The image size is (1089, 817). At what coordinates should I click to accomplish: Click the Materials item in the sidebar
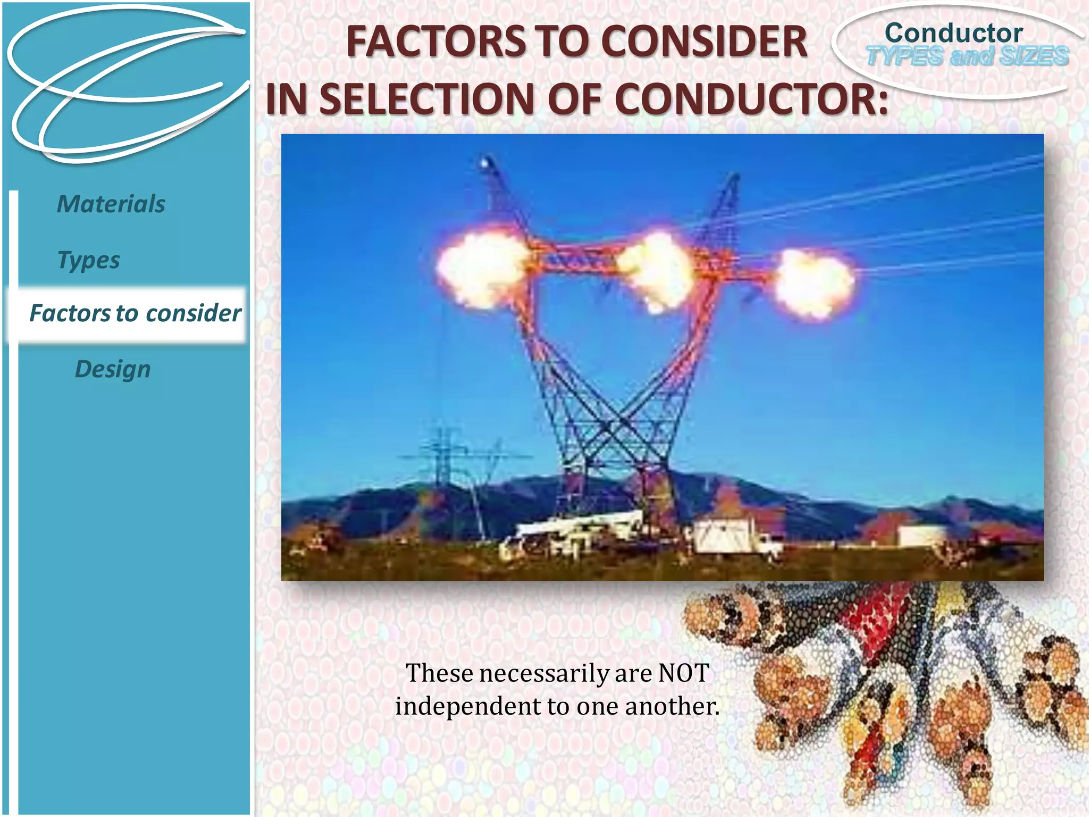(x=111, y=204)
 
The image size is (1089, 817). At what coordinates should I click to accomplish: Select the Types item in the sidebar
(x=88, y=260)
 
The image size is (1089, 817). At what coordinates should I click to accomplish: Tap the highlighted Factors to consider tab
(x=135, y=313)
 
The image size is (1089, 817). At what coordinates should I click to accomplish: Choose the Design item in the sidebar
(x=113, y=369)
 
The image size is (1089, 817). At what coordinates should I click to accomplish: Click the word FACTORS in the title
(x=432, y=42)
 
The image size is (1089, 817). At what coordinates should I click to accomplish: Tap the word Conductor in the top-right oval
(x=953, y=33)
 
